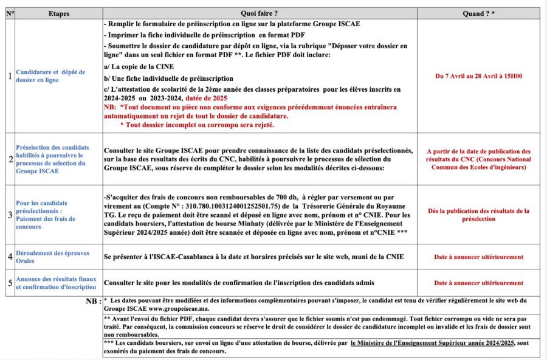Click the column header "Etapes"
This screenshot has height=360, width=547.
(59, 13)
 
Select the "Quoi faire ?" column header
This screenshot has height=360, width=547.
(260, 13)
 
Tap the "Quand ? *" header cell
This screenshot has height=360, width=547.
(478, 13)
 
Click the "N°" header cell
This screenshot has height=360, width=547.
(10, 13)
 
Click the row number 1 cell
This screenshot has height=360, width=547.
(10, 76)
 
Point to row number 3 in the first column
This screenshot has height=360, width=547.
(10, 215)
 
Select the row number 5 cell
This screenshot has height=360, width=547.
(10, 283)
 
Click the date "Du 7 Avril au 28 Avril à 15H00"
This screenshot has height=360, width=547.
(478, 76)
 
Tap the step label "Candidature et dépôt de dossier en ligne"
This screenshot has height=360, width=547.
(50, 76)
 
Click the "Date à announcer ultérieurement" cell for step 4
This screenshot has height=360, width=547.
(478, 257)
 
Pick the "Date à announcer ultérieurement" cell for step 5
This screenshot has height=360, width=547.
(478, 283)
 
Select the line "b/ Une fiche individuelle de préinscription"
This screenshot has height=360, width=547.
(168, 78)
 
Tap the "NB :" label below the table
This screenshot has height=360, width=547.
(94, 301)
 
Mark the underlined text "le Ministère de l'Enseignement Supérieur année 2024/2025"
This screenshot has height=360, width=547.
(433, 343)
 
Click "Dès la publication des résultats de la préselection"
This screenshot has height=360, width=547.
(478, 215)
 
